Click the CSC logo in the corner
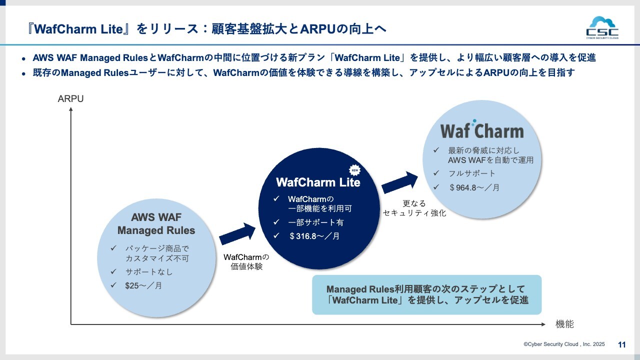[602, 27]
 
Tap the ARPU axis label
[70, 99]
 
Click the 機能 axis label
[564, 324]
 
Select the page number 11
[622, 344]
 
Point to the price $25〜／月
[143, 286]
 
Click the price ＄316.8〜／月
[314, 236]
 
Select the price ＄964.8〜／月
[473, 187]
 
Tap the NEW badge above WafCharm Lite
[354, 168]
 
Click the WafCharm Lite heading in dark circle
[318, 182]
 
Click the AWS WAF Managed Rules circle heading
[156, 224]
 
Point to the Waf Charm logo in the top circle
[481, 130]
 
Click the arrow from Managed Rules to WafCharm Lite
[237, 234]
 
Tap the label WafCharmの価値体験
[246, 261]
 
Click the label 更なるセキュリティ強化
[414, 208]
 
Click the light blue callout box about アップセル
[426, 295]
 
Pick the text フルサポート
[471, 173]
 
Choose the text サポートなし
[149, 272]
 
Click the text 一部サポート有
[316, 222]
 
